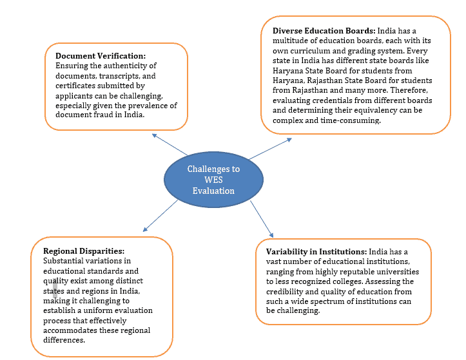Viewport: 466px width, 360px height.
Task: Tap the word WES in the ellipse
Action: [x=213, y=180]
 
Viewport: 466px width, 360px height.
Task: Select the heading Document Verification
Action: [x=101, y=56]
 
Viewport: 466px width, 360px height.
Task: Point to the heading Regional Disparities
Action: [x=84, y=251]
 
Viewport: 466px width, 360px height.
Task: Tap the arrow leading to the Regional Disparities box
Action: [x=160, y=215]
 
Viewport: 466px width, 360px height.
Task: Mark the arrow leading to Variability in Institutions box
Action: [x=261, y=218]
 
